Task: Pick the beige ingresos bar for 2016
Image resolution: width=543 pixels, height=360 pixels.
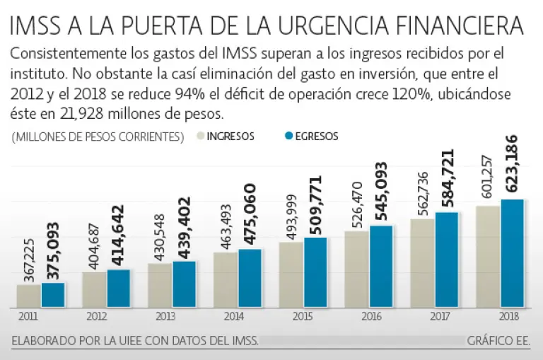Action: click(x=356, y=269)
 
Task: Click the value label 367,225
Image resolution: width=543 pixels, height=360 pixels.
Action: click(x=28, y=260)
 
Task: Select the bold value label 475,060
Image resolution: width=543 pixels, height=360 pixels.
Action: click(x=250, y=214)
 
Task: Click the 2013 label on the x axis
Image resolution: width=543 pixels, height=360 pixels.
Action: click(x=159, y=317)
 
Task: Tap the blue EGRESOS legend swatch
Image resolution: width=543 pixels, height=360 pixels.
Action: click(x=288, y=137)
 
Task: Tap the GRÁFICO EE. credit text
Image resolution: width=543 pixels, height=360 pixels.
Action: click(x=498, y=341)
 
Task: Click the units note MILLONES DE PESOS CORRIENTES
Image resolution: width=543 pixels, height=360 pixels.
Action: click(x=98, y=137)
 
